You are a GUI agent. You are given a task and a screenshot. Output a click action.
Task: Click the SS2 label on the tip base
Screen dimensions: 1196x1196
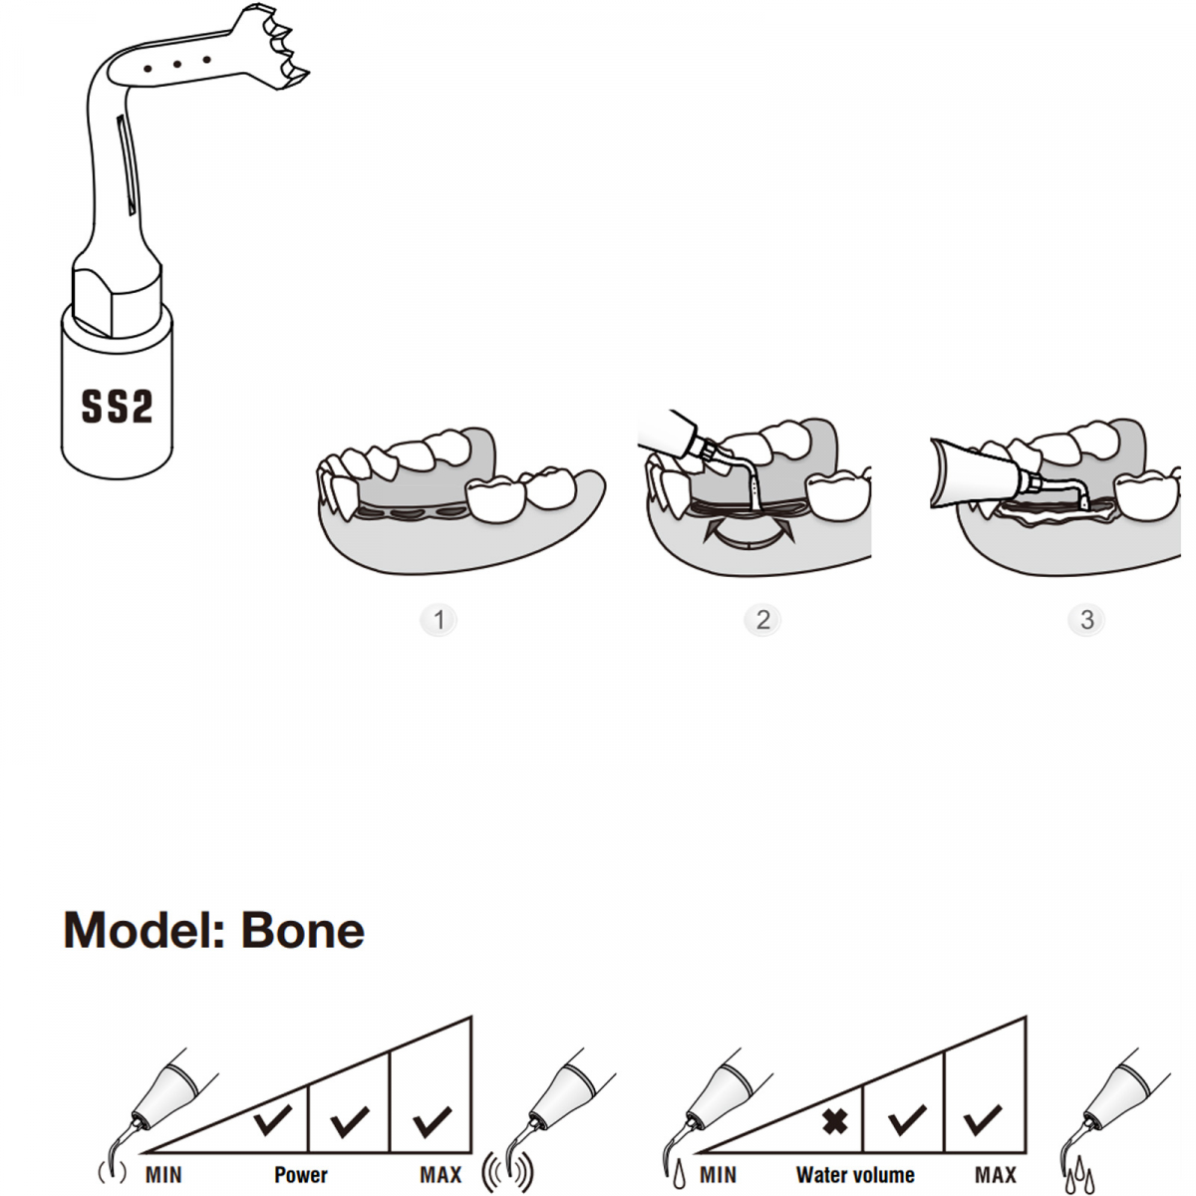(117, 407)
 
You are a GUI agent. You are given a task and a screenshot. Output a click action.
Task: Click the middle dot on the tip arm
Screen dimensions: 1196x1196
(176, 65)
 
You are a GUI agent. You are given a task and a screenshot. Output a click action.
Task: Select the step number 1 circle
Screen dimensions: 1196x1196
(439, 620)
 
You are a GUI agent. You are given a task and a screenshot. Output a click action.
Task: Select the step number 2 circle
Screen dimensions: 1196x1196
(762, 620)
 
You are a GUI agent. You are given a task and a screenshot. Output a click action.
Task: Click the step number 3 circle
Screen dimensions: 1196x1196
(1086, 620)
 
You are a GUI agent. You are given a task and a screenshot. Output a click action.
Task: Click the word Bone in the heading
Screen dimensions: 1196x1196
(303, 930)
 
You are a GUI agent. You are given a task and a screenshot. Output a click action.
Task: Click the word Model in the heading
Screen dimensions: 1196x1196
(144, 930)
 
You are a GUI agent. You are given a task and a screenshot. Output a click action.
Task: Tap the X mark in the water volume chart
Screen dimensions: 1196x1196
(835, 1122)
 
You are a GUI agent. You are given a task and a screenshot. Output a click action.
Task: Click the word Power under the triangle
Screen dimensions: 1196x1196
(300, 1175)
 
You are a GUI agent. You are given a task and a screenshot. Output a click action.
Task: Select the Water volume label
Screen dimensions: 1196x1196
(855, 1175)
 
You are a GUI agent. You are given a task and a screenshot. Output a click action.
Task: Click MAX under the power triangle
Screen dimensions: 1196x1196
(440, 1175)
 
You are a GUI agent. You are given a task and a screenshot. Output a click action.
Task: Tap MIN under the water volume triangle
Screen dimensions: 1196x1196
(718, 1175)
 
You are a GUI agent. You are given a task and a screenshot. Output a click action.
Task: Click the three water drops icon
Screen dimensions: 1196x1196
(1077, 1179)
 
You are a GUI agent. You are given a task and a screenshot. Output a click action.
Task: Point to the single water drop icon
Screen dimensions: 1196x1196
(680, 1174)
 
